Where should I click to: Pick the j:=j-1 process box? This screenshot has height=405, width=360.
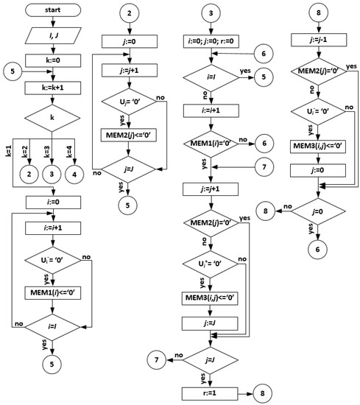318,40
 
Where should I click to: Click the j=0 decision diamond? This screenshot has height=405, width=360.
317,210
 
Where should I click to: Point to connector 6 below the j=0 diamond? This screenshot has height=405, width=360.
317,248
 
